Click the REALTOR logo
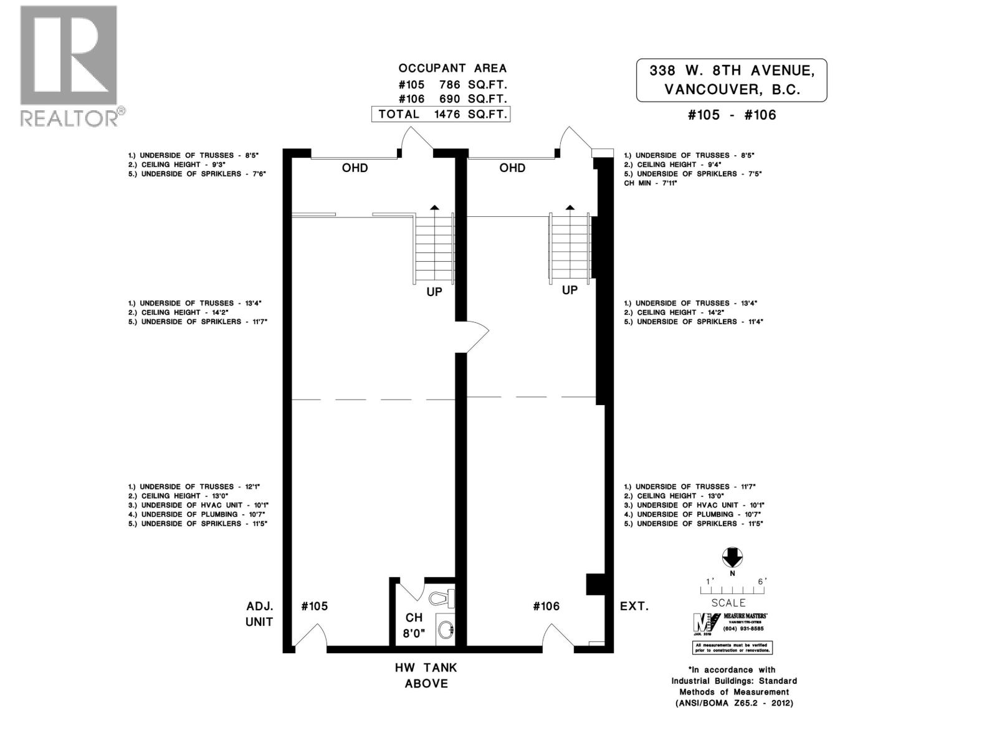click(69, 65)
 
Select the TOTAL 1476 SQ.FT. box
click(441, 114)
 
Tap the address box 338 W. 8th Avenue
click(732, 80)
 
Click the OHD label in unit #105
click(355, 168)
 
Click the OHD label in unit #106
click(512, 168)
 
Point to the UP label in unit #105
click(434, 292)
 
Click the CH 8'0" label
click(414, 625)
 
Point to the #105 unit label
click(314, 606)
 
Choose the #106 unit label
click(546, 606)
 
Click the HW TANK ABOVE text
click(426, 676)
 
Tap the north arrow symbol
click(732, 557)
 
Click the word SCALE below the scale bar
click(728, 603)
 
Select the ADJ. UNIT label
click(259, 613)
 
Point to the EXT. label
click(634, 606)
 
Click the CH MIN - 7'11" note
click(650, 183)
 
